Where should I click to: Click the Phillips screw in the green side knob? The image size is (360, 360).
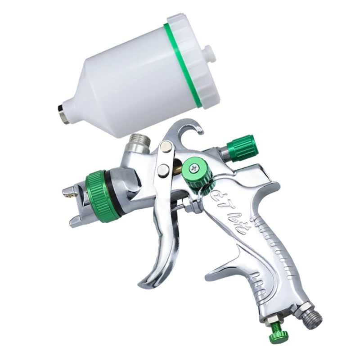(x=194, y=168)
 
